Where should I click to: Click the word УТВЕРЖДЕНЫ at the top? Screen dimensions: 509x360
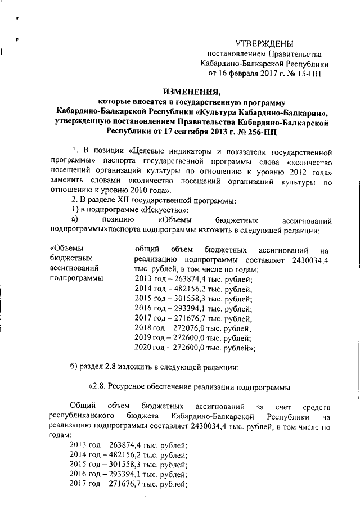click(264, 43)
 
